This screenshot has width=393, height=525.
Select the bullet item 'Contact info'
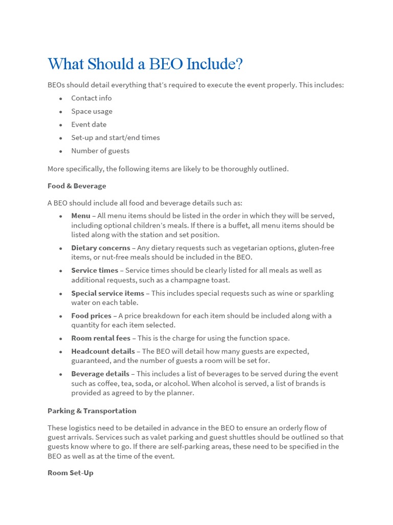[x=91, y=98]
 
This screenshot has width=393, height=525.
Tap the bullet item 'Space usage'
[x=92, y=111]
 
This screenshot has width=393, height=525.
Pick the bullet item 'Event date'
[x=89, y=125]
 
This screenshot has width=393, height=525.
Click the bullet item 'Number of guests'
[x=100, y=151]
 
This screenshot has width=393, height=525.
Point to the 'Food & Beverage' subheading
[x=77, y=186]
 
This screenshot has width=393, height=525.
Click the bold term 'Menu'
[x=80, y=216]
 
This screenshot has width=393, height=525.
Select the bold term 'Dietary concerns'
[x=100, y=248]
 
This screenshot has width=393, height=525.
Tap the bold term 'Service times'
[x=94, y=270]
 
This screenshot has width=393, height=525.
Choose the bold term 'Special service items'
[x=107, y=293]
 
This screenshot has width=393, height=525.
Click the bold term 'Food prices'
[x=91, y=316]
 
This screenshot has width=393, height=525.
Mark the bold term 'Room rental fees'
[x=101, y=338]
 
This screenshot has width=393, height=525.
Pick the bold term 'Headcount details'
[x=103, y=351]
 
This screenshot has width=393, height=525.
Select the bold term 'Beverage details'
[x=101, y=374]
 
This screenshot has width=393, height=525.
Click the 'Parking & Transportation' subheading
[x=92, y=411]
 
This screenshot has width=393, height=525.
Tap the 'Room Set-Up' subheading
[x=70, y=473]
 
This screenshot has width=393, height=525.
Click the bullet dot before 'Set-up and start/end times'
[x=60, y=138]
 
